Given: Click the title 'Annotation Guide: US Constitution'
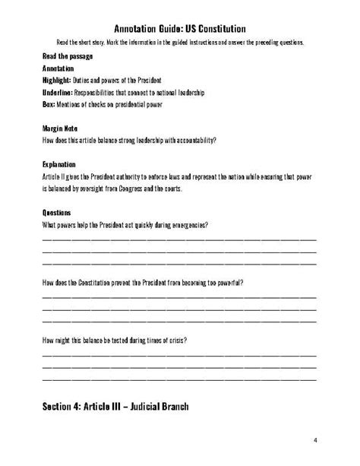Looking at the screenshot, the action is (179, 28).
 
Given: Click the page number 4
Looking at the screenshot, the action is (315, 440).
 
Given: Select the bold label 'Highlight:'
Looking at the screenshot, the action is (58, 80).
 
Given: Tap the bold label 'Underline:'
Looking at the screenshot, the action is (59, 91).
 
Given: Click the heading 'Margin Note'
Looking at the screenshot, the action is (60, 128).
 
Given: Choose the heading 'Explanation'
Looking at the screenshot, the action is (60, 164).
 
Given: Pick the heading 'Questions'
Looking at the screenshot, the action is (58, 212).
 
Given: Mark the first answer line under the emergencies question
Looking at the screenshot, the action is (179, 239).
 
